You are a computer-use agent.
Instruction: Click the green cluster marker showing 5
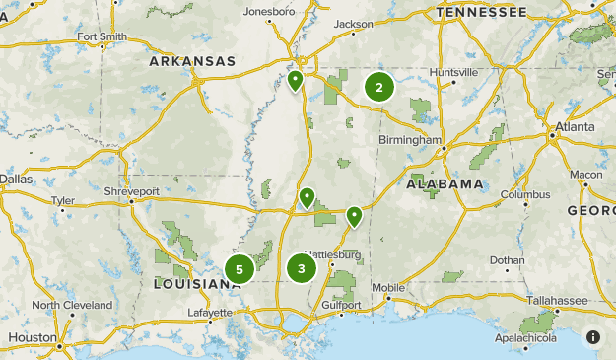point(240,268)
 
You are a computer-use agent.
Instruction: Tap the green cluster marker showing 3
point(302,267)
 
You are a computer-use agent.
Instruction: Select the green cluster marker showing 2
point(379,88)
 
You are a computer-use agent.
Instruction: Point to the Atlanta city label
point(574,127)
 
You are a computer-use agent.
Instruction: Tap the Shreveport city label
point(131,190)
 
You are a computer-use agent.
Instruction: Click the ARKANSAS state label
point(192,61)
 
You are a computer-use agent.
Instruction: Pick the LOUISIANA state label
point(195,283)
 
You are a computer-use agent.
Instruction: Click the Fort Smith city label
point(101,36)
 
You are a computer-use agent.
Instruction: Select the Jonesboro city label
point(269,12)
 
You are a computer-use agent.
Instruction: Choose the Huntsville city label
point(453,72)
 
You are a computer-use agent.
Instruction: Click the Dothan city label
point(508,260)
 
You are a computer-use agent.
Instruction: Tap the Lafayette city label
point(211,313)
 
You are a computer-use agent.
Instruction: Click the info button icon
point(593,337)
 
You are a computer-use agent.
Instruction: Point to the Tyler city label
point(63,200)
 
